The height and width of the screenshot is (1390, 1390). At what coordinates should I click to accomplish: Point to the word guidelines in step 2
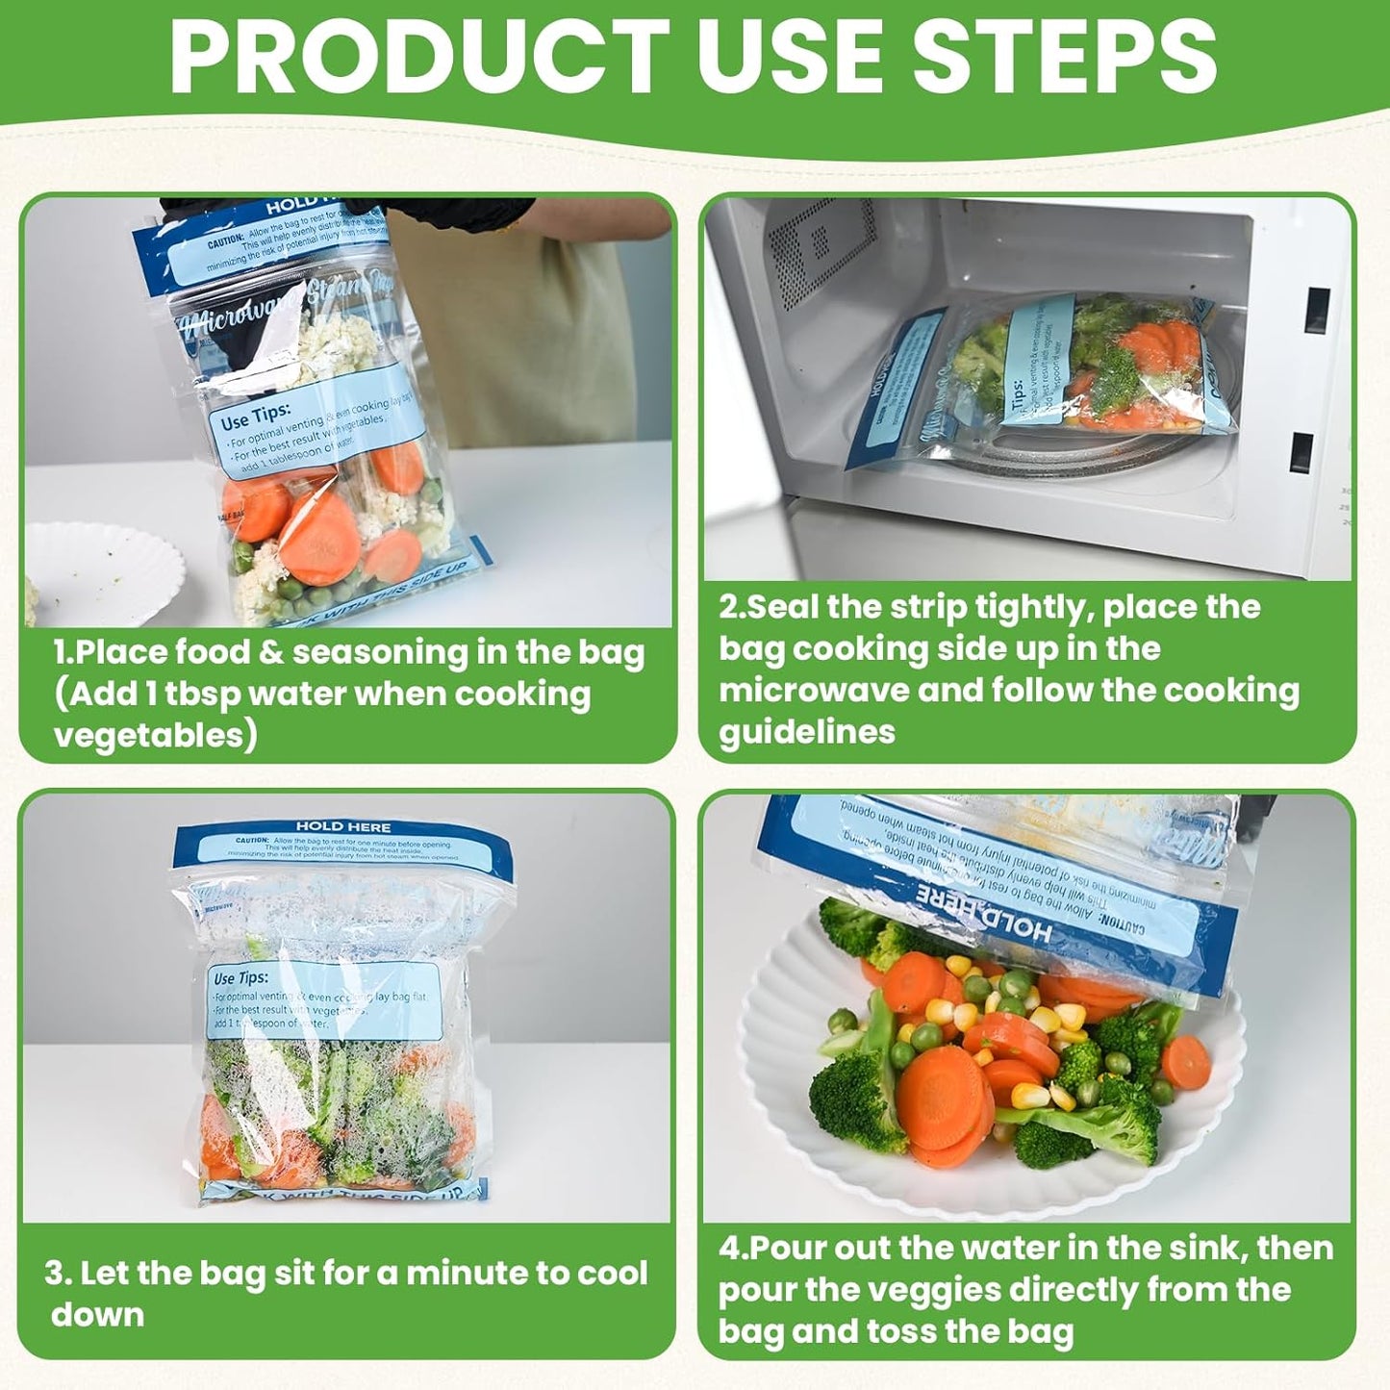coord(806,732)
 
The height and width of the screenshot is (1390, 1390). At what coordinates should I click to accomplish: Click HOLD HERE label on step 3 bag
coord(342,826)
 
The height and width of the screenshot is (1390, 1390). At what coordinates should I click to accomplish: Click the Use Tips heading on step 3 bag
coord(240,978)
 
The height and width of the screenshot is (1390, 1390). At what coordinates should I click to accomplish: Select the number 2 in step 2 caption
coord(728,608)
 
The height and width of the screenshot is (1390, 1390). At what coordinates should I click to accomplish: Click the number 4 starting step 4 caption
coord(728,1249)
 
